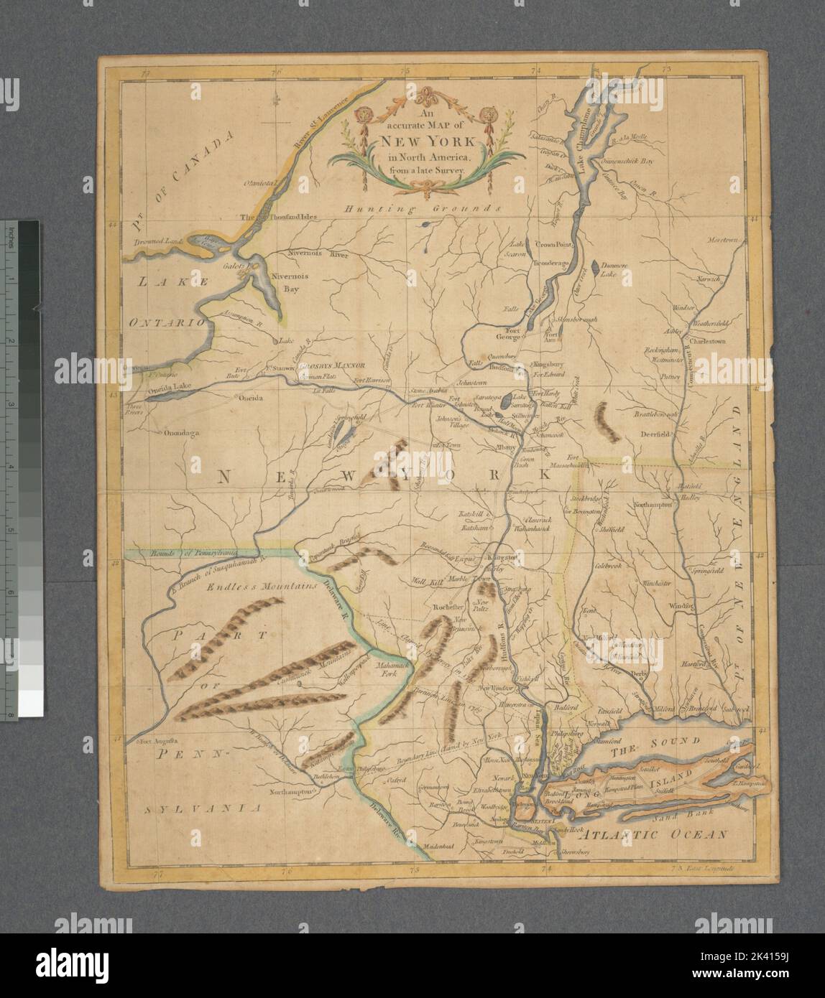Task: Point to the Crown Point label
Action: pyautogui.click(x=551, y=244)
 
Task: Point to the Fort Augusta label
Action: pyautogui.click(x=160, y=741)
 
